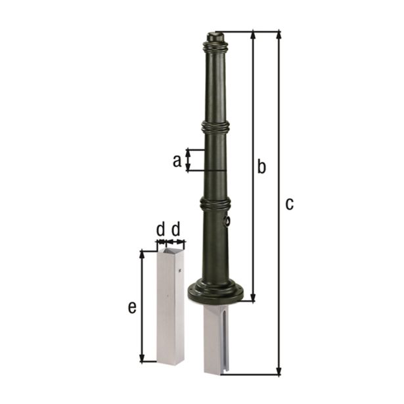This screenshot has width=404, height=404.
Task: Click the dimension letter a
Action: click(177, 160)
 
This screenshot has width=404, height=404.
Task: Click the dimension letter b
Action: click(261, 167)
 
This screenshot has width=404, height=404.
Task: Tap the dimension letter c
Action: click(289, 204)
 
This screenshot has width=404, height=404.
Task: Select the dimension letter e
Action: click(132, 307)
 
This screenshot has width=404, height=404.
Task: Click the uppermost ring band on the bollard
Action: click(215, 47)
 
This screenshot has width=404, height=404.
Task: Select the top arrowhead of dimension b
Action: click(253, 34)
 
